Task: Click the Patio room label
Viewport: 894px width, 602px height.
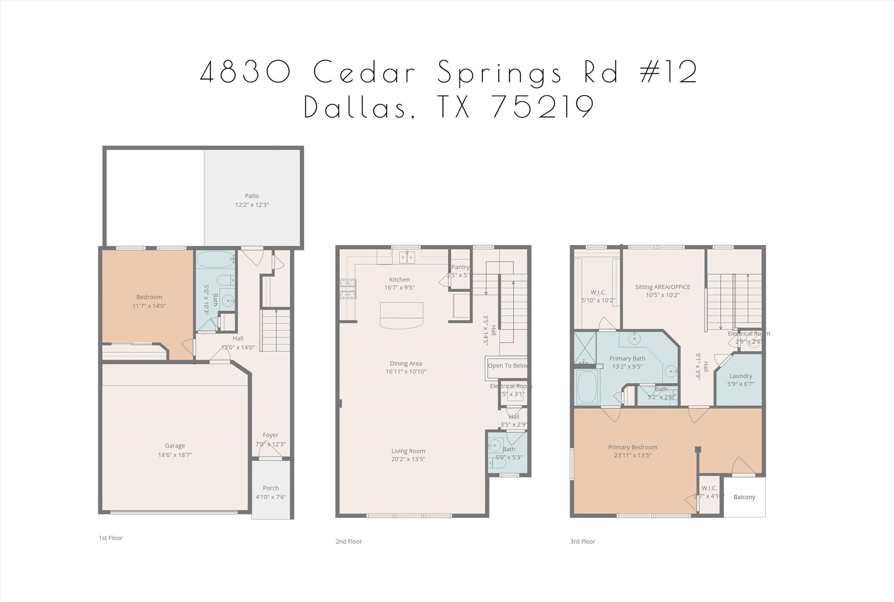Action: (x=252, y=196)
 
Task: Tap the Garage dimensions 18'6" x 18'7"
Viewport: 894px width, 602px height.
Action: (x=175, y=455)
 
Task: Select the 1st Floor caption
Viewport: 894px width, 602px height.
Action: (x=111, y=538)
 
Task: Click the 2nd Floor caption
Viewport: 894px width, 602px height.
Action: (x=348, y=541)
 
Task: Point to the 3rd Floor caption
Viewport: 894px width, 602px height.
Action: (x=582, y=541)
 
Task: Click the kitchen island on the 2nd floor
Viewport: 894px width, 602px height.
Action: (x=401, y=315)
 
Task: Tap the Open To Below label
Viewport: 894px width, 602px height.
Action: (x=507, y=365)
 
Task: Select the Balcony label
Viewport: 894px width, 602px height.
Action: (x=744, y=497)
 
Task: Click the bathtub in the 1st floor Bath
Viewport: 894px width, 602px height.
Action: (x=215, y=260)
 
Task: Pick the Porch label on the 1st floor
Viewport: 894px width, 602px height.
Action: (x=271, y=488)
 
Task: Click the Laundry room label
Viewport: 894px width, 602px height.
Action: (x=740, y=376)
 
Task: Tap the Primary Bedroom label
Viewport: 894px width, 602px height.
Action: (x=632, y=447)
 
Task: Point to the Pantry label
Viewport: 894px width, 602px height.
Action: (x=460, y=267)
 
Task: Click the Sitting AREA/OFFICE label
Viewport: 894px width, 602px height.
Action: (x=662, y=287)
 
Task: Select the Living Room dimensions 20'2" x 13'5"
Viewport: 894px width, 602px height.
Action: (x=408, y=459)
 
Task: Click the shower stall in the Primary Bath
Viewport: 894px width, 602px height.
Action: (x=585, y=347)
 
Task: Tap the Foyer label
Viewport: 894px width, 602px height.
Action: (x=270, y=435)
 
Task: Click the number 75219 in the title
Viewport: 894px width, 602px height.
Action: (x=543, y=107)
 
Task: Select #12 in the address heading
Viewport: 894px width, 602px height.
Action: (x=668, y=72)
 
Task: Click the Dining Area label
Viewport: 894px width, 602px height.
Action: (x=406, y=363)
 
